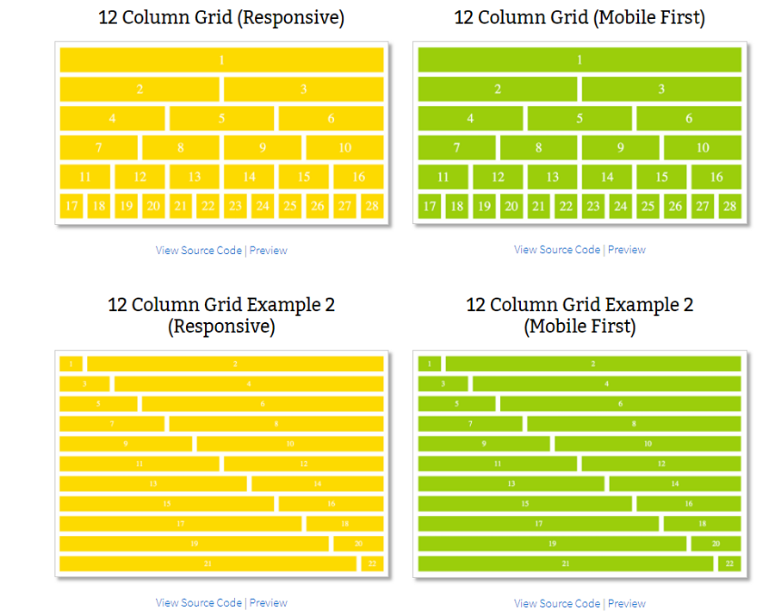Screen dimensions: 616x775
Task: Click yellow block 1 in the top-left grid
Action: point(221,59)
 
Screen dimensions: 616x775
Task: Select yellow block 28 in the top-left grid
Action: point(372,206)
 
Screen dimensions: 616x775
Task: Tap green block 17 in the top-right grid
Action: point(429,206)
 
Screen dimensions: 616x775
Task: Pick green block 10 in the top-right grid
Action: point(702,147)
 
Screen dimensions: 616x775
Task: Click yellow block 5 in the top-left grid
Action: point(221,118)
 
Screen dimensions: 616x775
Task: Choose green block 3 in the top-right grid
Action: point(661,89)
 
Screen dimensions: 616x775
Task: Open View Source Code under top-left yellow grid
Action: point(199,251)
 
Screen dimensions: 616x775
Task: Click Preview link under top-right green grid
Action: point(626,250)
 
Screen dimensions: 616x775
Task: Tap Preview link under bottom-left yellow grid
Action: point(269,603)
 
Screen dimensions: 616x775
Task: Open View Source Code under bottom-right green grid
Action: point(557,604)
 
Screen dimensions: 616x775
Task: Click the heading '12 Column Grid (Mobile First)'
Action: point(580,18)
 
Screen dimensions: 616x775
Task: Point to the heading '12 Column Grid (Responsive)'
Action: point(221,18)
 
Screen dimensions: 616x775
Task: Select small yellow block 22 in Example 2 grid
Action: point(372,563)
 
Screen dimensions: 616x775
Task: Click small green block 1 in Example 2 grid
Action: point(429,364)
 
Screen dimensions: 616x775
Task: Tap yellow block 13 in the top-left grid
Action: point(195,177)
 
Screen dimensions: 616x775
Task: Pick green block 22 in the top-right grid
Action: point(565,206)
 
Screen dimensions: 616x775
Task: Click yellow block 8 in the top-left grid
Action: point(180,147)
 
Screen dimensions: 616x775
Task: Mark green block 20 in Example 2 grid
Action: point(716,544)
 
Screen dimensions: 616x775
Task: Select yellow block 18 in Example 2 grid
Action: point(344,524)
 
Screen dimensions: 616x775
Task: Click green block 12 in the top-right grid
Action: point(498,177)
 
